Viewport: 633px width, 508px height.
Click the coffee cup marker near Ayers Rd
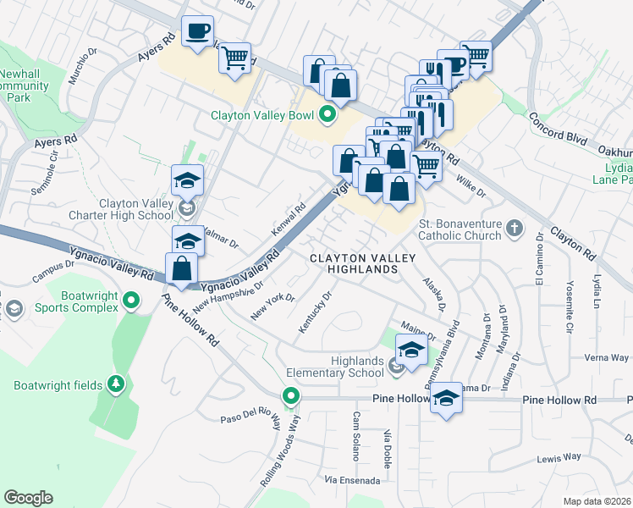(198, 32)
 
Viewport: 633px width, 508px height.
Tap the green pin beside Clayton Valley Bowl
(329, 115)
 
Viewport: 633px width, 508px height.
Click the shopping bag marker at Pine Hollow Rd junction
(183, 268)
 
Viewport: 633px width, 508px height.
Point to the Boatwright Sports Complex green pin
(131, 301)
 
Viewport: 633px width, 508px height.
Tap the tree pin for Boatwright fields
(115, 385)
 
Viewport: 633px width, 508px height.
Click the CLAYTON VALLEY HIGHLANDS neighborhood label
(353, 263)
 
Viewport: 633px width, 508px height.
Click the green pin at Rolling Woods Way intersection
(291, 395)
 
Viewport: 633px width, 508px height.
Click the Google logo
(28, 498)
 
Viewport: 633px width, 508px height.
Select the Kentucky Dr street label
(314, 310)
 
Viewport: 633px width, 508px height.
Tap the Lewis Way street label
(559, 457)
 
